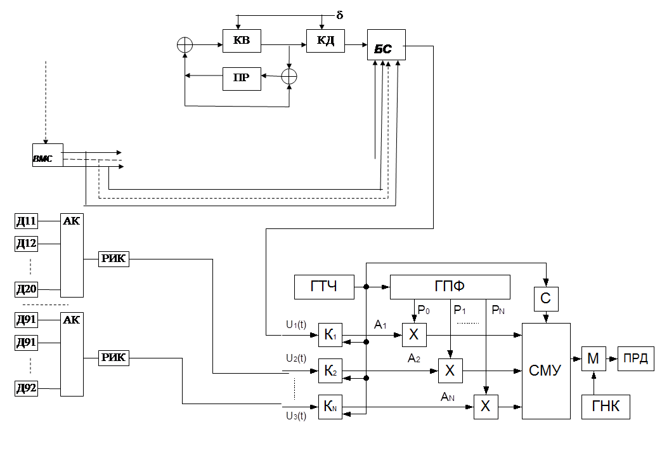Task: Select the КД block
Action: (x=325, y=41)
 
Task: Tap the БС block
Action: (x=386, y=46)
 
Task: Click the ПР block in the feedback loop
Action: (x=242, y=78)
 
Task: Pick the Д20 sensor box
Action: (x=26, y=290)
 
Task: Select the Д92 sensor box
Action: (x=26, y=388)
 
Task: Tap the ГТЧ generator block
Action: (x=324, y=287)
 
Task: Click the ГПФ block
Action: (x=450, y=287)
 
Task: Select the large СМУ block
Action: (x=545, y=371)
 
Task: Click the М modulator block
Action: (x=593, y=359)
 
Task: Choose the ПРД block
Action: (x=636, y=358)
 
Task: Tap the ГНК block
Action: (x=606, y=407)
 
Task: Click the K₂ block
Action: (x=330, y=371)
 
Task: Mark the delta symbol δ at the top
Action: (x=340, y=15)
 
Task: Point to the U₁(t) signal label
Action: (x=295, y=325)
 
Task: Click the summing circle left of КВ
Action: (x=184, y=44)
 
